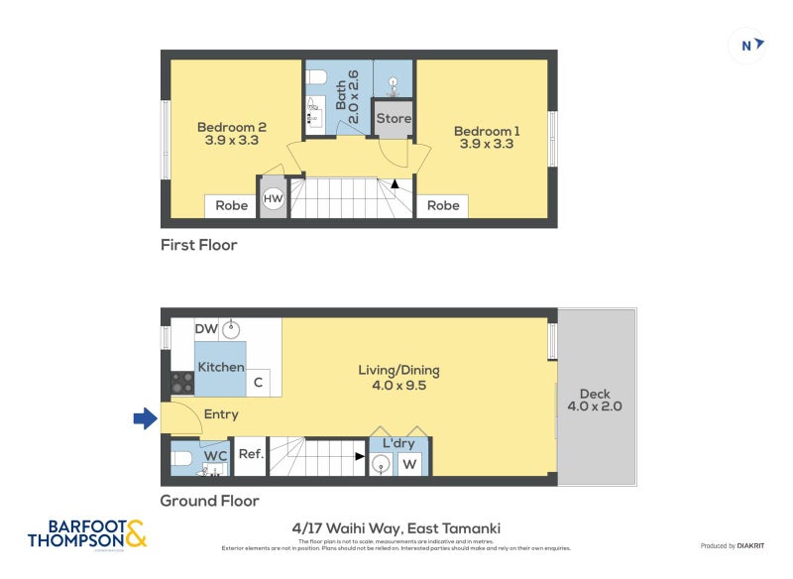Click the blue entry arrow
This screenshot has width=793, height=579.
(x=146, y=419)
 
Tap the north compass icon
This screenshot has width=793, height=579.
(x=746, y=45)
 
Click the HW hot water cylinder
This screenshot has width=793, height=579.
(x=273, y=199)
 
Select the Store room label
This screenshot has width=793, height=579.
(x=393, y=118)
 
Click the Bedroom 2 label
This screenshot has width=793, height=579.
(x=232, y=134)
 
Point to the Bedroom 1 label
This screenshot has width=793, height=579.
(x=487, y=137)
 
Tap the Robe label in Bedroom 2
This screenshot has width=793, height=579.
(x=232, y=206)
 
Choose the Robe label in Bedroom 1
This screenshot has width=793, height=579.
(x=442, y=206)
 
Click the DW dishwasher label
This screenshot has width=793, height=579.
(x=206, y=329)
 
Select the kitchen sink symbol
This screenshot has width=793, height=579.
(x=232, y=329)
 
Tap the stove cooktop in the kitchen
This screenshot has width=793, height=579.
(x=181, y=383)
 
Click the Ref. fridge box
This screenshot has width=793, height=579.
(x=250, y=455)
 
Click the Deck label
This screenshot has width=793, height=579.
(x=595, y=399)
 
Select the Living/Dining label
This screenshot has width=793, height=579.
(x=398, y=378)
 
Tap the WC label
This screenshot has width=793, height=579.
(x=216, y=455)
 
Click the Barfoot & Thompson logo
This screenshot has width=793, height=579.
(x=86, y=532)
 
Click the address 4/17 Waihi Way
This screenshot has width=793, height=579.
(x=396, y=528)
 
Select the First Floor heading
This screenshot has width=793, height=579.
(x=199, y=245)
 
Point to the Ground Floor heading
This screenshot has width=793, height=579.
(x=210, y=501)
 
